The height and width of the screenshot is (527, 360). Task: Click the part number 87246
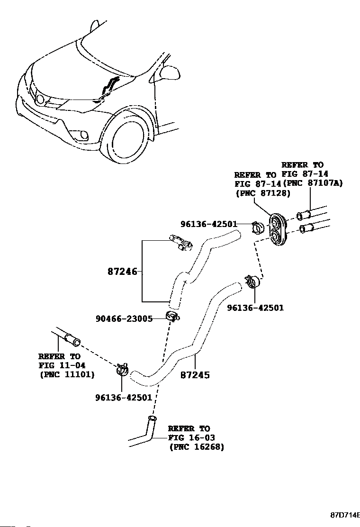(x=123, y=271)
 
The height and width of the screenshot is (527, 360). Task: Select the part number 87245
(x=195, y=375)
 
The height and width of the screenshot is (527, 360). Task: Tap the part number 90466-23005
(x=124, y=318)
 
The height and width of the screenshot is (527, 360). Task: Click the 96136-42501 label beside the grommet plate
(x=209, y=224)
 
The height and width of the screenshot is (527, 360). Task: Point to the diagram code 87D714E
(x=345, y=514)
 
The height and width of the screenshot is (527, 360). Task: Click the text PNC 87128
(x=263, y=193)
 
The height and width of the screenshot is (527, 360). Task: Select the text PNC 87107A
(x=313, y=183)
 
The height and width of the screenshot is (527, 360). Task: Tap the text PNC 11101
(x=67, y=374)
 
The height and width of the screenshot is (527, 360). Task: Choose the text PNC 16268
(x=197, y=447)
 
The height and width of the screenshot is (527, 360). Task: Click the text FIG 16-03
(x=191, y=437)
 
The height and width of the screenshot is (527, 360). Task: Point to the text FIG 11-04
(x=62, y=365)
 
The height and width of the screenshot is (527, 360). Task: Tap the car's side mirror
(x=168, y=73)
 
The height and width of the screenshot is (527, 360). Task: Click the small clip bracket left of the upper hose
(x=181, y=243)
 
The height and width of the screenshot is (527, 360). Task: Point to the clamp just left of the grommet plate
(x=258, y=227)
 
